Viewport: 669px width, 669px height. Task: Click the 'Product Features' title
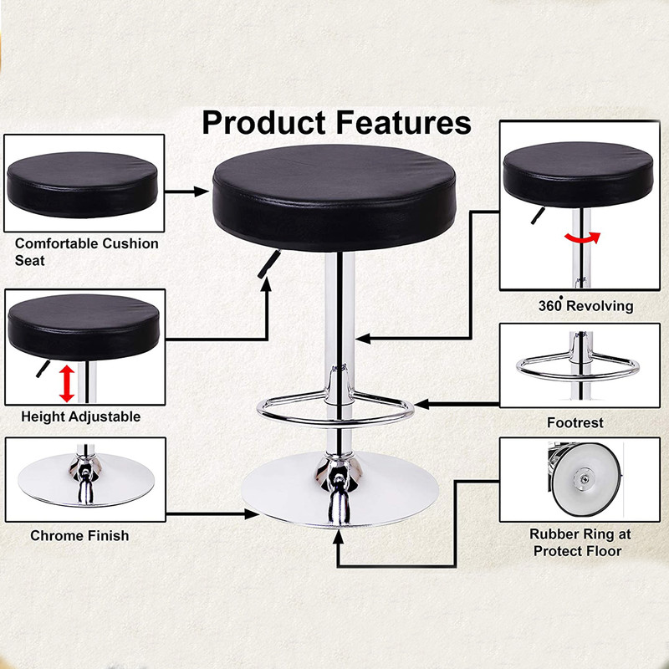tap(336, 122)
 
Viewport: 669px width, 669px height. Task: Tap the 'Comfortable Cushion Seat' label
tap(86, 252)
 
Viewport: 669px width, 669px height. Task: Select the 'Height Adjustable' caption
tap(80, 416)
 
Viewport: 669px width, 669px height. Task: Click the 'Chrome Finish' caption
tap(79, 535)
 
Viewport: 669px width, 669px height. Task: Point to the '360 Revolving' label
tap(585, 305)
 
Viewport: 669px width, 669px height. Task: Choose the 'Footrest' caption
tap(575, 422)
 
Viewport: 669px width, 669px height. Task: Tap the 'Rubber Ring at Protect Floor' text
tap(580, 542)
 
